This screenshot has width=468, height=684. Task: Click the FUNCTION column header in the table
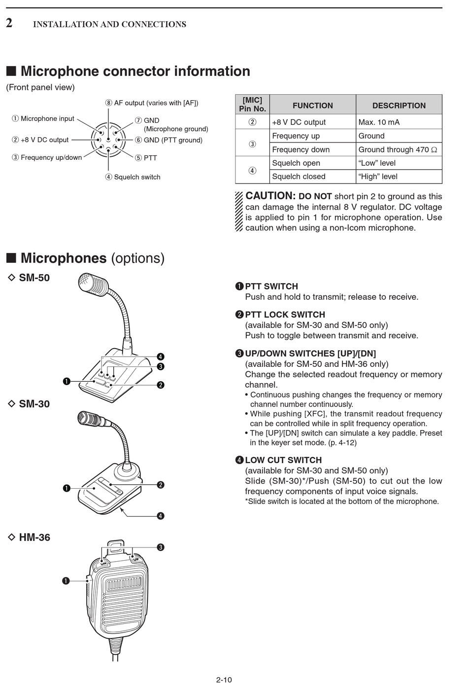[312, 106]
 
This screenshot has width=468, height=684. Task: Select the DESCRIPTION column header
[399, 106]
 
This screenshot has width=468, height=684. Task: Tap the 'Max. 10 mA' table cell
[379, 122]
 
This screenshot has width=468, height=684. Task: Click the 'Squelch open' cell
[296, 163]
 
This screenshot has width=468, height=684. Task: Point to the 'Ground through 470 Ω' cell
[398, 149]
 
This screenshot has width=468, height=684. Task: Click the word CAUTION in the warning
[270, 196]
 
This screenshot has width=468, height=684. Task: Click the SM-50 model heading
[34, 278]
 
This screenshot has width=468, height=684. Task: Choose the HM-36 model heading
[34, 538]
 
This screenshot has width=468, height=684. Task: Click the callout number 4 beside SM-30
[161, 516]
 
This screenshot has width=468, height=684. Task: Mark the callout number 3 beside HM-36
[161, 547]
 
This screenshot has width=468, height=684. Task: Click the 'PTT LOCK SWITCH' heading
[285, 315]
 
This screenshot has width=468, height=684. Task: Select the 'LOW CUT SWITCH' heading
[283, 460]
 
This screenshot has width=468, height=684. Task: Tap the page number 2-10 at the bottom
[224, 680]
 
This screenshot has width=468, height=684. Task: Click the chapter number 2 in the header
[9, 23]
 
